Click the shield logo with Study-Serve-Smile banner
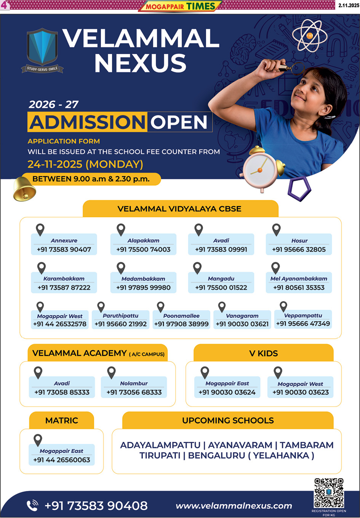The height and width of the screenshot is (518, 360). [42, 49]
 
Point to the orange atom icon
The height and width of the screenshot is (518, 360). [310, 35]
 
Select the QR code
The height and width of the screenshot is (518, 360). [329, 493]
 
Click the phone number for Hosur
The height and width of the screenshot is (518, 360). [299, 250]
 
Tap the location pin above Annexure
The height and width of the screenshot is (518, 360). [40, 230]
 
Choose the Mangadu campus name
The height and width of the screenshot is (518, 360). [221, 279]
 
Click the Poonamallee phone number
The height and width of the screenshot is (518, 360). [181, 324]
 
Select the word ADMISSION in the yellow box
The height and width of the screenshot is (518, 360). [87, 122]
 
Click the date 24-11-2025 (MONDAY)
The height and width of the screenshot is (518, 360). [85, 164]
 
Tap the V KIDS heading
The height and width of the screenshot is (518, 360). [264, 354]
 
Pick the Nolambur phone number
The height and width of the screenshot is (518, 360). [134, 392]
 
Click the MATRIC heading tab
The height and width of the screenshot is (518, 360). [62, 421]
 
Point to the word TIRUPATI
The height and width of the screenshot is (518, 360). [160, 456]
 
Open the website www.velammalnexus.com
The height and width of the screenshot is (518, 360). [234, 506]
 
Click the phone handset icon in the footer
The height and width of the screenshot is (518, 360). [32, 505]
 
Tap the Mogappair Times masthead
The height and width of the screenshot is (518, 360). [180, 6]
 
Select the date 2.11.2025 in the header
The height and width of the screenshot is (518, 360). [349, 5]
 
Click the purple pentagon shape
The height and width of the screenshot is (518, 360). [299, 188]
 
